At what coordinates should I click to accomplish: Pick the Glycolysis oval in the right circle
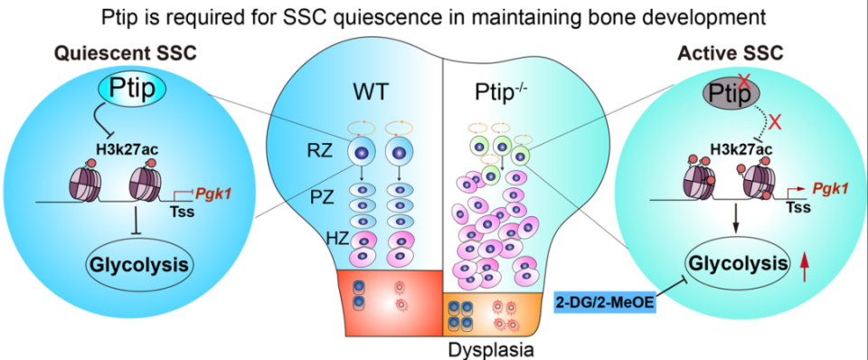click(x=732, y=263)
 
